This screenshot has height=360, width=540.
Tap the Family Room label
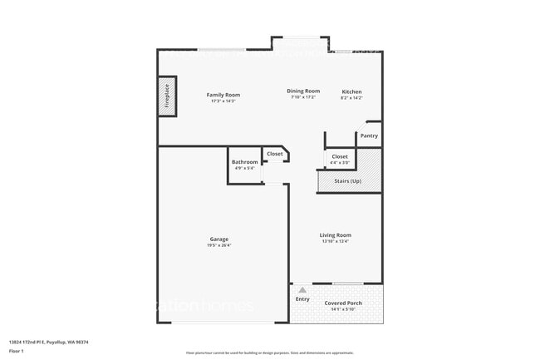click(223, 95)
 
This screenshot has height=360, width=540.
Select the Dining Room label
click(304, 91)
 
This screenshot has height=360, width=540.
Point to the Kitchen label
click(351, 91)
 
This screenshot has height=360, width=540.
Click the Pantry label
click(369, 136)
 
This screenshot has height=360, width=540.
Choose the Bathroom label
click(244, 162)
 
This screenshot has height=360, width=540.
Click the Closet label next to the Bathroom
click(274, 154)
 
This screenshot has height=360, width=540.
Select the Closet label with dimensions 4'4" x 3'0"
click(340, 156)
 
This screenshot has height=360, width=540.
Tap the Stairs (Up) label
click(347, 180)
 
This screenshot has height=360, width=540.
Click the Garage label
click(219, 239)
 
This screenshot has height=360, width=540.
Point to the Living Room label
click(336, 235)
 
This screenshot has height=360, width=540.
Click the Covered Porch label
click(341, 303)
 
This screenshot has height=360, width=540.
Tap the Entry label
click(302, 299)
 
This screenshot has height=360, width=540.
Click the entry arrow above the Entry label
click(302, 290)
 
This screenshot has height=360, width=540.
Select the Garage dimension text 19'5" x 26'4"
click(219, 245)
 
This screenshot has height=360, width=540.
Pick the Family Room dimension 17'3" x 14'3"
click(223, 101)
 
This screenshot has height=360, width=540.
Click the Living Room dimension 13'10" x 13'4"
click(336, 242)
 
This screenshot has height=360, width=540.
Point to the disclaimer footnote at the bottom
click(270, 353)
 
